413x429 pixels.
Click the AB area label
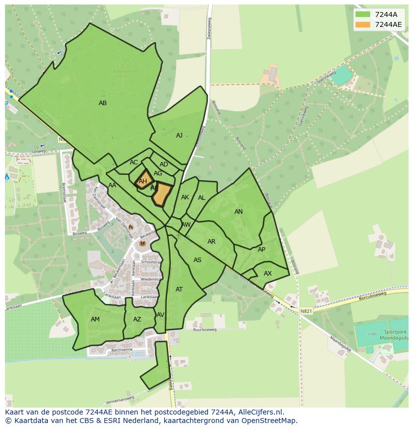tap(103, 103)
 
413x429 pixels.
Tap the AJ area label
tap(179, 136)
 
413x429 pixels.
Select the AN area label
tap(238, 212)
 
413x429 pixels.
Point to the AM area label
tap(95, 319)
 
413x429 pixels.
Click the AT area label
tap(179, 289)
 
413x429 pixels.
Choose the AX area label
tap(268, 274)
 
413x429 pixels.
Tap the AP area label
tap(261, 250)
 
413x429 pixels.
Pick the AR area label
tap(211, 242)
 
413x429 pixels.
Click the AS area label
tap(198, 260)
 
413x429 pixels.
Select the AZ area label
tap(137, 319)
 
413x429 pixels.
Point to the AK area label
tap(185, 197)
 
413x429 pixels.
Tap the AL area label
tap(202, 198)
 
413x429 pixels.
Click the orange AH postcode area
tap(143, 181)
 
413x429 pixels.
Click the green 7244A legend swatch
tap(363, 14)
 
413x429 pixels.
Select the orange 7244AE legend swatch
tap(363, 24)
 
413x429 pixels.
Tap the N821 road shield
tap(306, 311)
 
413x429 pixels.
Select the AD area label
tap(164, 164)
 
